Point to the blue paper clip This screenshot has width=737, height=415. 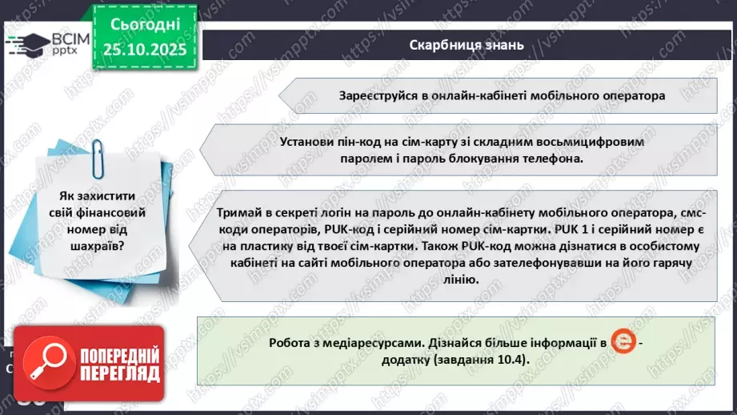point(98,155)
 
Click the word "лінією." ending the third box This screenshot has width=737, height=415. point(459,280)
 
